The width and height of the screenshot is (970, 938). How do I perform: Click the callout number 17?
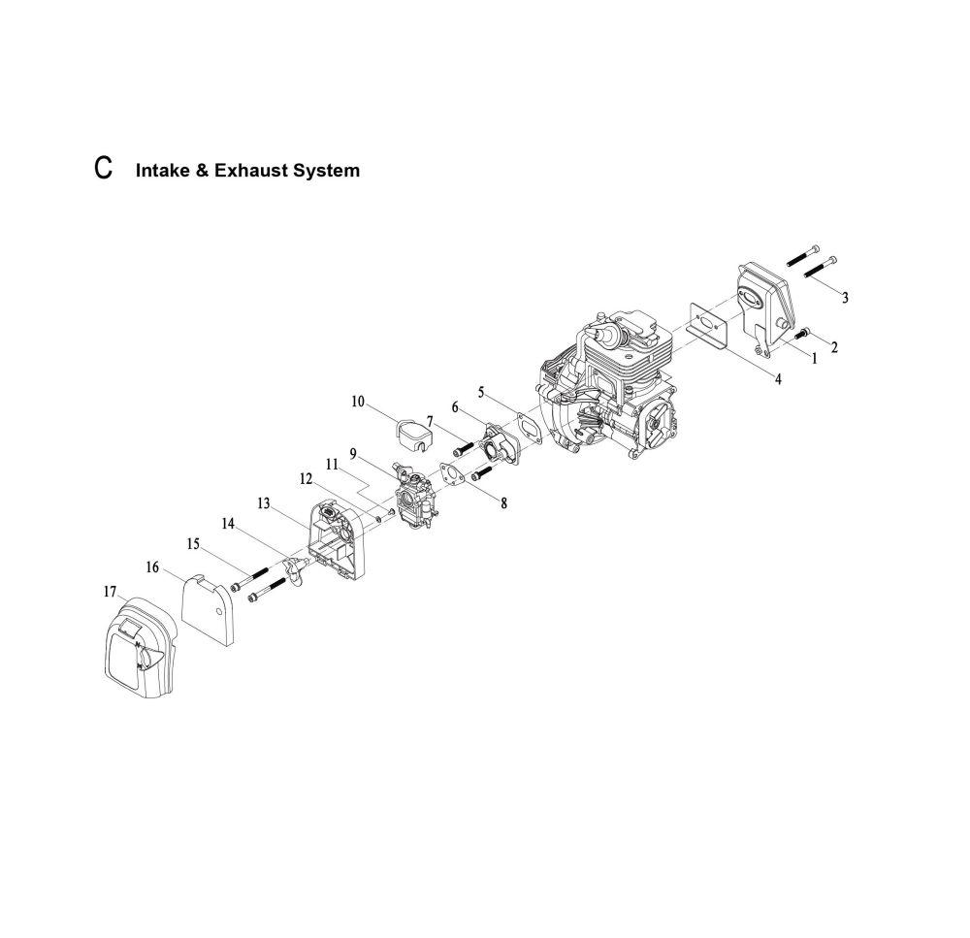tap(110, 592)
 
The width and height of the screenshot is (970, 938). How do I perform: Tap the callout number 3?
tap(845, 298)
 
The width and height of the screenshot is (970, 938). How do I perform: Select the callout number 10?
tap(358, 402)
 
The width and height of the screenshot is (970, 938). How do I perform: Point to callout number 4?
tap(778, 379)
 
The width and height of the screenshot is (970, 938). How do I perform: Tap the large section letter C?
tap(104, 168)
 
